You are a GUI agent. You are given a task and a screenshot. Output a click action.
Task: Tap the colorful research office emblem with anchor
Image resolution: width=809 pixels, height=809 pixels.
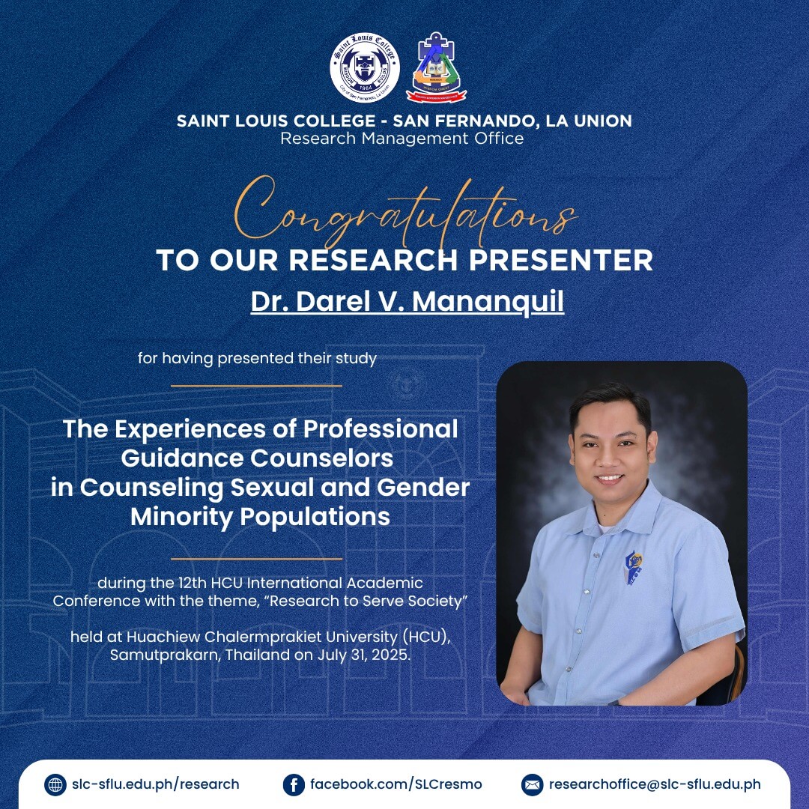pyautogui.click(x=437, y=67)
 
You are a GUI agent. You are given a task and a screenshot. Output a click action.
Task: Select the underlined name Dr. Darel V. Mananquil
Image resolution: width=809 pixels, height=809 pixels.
pyautogui.click(x=407, y=302)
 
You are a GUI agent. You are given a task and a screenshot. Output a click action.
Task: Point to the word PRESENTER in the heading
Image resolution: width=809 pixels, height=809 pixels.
pyautogui.click(x=561, y=259)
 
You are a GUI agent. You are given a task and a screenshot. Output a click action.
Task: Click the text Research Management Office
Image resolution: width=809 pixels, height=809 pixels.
pyautogui.click(x=402, y=139)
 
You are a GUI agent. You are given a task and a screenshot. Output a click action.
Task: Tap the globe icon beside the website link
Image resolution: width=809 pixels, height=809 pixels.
pyautogui.click(x=55, y=785)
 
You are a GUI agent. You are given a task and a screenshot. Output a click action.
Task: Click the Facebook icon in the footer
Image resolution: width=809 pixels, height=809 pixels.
pyautogui.click(x=294, y=785)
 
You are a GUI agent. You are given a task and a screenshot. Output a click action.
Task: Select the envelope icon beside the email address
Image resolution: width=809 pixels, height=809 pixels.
pyautogui.click(x=532, y=785)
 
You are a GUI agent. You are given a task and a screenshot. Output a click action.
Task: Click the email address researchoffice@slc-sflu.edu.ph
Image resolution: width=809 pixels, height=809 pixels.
pyautogui.click(x=655, y=784)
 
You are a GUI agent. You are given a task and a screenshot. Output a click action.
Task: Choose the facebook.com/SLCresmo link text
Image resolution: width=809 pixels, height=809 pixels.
pyautogui.click(x=396, y=784)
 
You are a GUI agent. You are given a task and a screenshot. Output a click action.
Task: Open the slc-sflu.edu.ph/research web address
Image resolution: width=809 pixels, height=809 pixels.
pyautogui.click(x=155, y=784)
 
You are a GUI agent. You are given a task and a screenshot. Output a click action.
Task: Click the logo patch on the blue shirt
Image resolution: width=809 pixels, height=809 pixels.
pyautogui.click(x=634, y=568)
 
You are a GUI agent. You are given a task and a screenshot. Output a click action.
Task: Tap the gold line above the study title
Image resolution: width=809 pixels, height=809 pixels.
pyautogui.click(x=256, y=386)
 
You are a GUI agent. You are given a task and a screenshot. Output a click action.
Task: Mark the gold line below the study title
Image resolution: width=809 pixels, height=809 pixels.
pyautogui.click(x=256, y=558)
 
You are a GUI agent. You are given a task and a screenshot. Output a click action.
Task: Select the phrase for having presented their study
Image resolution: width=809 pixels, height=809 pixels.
pyautogui.click(x=257, y=358)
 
